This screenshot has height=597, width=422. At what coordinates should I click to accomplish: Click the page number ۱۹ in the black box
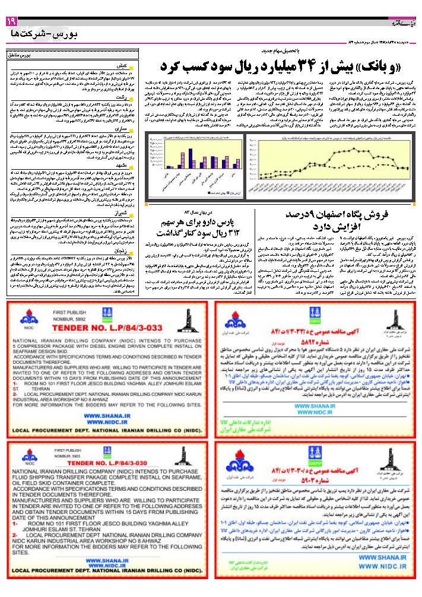pyautogui.click(x=11, y=21)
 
